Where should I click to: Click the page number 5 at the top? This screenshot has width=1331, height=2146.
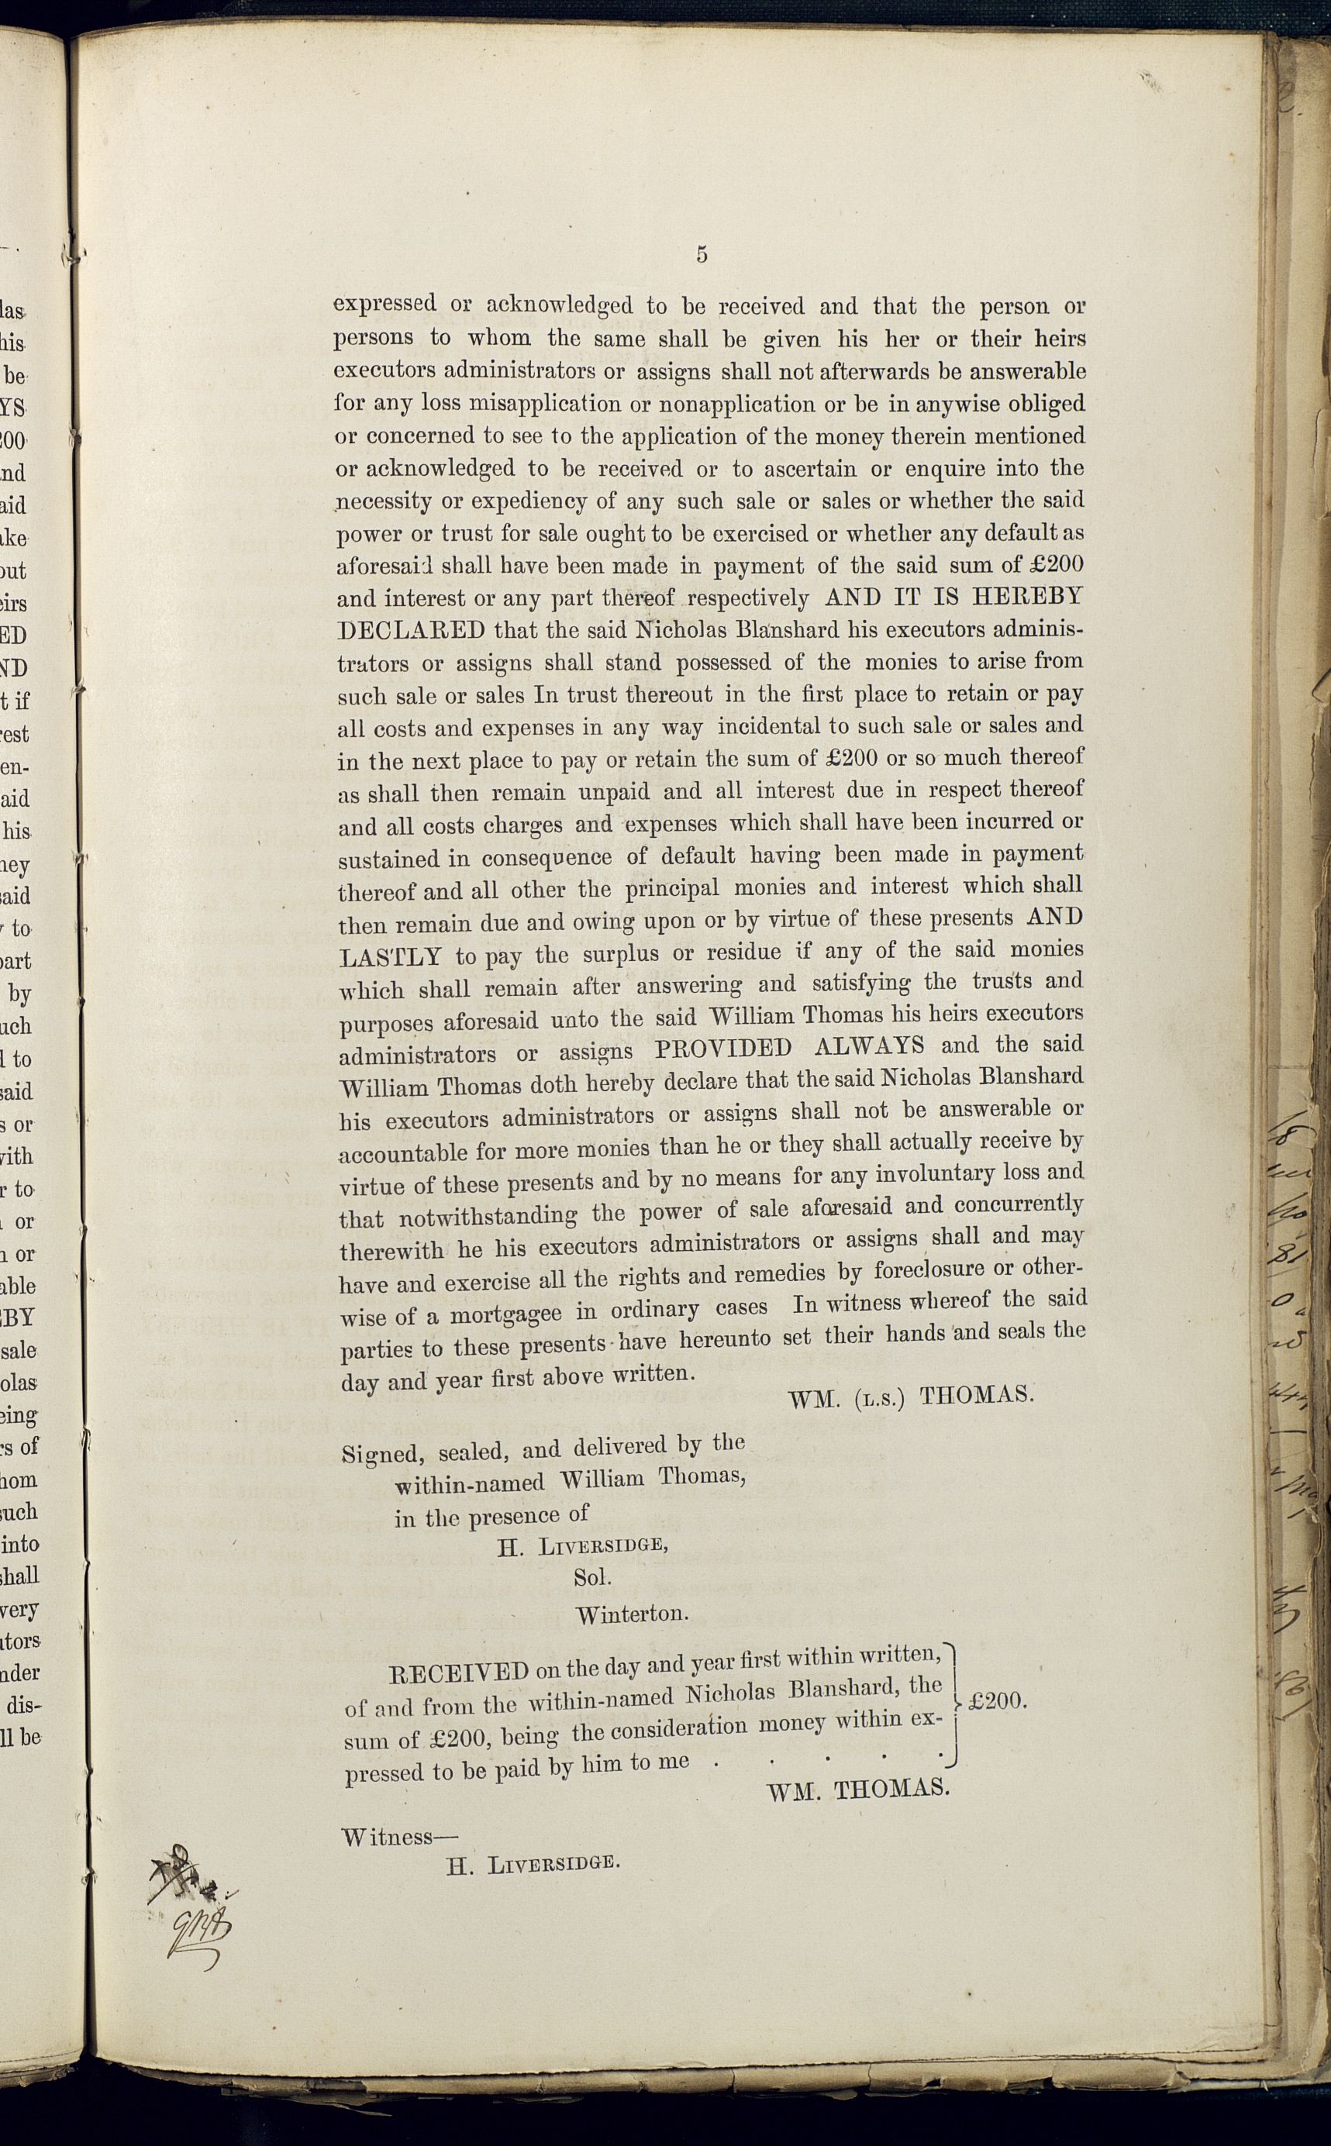coord(702,255)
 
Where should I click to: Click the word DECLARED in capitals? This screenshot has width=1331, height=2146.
coord(411,631)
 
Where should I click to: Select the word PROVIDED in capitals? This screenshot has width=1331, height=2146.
coord(722,1049)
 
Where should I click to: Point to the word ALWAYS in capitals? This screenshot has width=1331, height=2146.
coord(869,1046)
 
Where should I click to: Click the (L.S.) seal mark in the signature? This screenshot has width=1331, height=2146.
coord(881,1399)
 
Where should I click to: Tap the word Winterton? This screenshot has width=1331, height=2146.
coord(632,1614)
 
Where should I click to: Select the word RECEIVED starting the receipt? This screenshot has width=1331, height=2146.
coord(459,1672)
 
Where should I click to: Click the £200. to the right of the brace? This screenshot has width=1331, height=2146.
coord(998,1701)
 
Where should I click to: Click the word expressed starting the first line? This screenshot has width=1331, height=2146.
coord(384,305)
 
